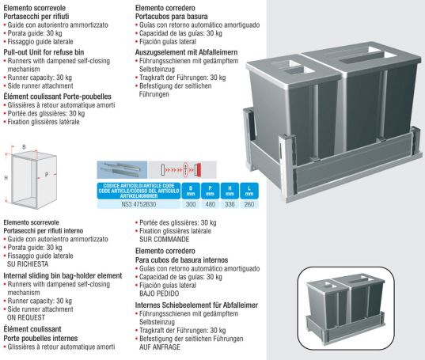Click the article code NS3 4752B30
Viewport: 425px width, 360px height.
pyautogui.click(x=139, y=204)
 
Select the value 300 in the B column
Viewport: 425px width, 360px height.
pyautogui.click(x=191, y=204)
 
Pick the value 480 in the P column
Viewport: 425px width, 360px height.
pyautogui.click(x=210, y=204)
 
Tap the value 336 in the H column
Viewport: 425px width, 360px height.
pyautogui.click(x=230, y=204)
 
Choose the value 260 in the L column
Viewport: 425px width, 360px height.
pyautogui.click(x=249, y=204)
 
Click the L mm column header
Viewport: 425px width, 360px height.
pyautogui.click(x=249, y=191)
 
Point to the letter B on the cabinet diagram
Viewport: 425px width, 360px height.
pyautogui.click(x=24, y=147)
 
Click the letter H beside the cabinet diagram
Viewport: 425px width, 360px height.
pyautogui.click(x=6, y=178)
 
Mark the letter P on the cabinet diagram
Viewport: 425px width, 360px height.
pyautogui.click(x=47, y=175)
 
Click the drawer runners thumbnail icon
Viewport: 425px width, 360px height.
pyautogui.click(x=122, y=170)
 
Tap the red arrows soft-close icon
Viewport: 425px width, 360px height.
pyautogui.click(x=182, y=170)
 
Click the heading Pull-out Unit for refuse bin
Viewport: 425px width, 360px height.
pyautogui.click(x=44, y=52)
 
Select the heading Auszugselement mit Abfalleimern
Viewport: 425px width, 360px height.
pyautogui.click(x=186, y=52)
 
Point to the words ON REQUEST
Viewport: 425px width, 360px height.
pyautogui.click(x=26, y=318)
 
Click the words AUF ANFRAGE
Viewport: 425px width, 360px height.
pyautogui.click(x=160, y=347)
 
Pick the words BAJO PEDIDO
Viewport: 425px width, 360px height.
pyautogui.click(x=159, y=294)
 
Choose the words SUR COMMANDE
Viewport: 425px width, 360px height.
pyautogui.click(x=165, y=240)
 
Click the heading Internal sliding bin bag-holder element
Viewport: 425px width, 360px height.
pyautogui.click(x=63, y=276)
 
